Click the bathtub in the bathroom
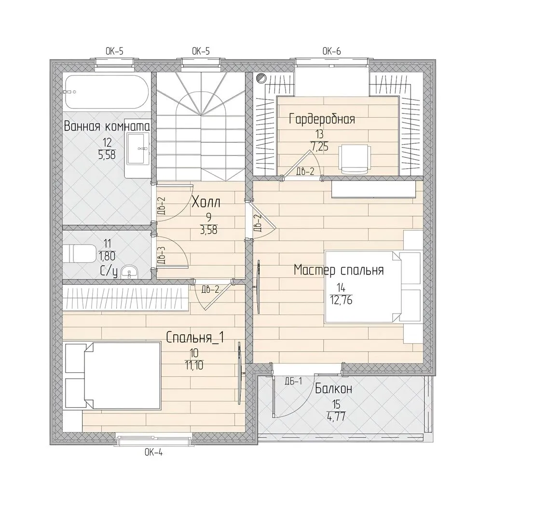click(106, 92)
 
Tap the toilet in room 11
click(80, 254)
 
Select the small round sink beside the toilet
click(129, 271)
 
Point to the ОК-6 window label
click(331, 52)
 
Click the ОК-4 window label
click(153, 452)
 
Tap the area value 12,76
click(341, 300)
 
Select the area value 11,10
click(194, 365)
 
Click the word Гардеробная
click(322, 119)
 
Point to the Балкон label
click(333, 389)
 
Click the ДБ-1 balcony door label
click(294, 381)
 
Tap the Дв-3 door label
click(162, 255)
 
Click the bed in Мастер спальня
click(373, 287)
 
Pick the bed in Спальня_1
click(112, 376)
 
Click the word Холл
click(206, 203)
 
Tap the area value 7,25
click(319, 147)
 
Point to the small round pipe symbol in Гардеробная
click(261, 78)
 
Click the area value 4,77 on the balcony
click(337, 417)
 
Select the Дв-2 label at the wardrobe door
click(305, 171)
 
